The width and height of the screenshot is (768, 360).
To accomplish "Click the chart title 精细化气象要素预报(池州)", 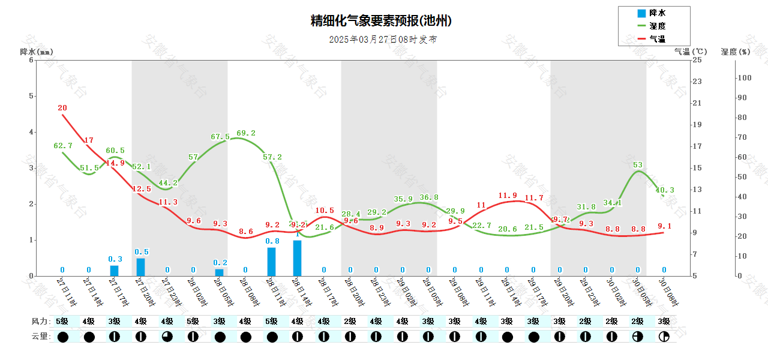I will pos(381,21).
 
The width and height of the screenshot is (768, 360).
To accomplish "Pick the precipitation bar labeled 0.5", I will pos(140,267).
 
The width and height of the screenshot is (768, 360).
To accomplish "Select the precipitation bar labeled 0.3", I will pos(115,271).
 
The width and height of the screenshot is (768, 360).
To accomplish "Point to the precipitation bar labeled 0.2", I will pos(219,272).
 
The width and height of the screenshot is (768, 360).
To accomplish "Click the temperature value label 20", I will pos(62,108).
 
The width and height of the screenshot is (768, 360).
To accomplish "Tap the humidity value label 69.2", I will pos(246,133).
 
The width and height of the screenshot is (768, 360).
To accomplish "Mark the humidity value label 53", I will pos(638,165).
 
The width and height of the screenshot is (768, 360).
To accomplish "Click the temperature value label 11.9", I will pos(507,196).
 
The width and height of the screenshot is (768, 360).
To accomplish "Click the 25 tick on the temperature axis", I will pos(697,60).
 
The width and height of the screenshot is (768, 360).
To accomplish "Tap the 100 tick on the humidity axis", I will pos(744,77).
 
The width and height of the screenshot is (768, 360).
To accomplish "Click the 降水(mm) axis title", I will pos(37,52).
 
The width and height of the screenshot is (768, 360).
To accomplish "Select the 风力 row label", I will pos(40,321).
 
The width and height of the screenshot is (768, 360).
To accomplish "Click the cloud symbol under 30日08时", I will pos(664,337).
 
